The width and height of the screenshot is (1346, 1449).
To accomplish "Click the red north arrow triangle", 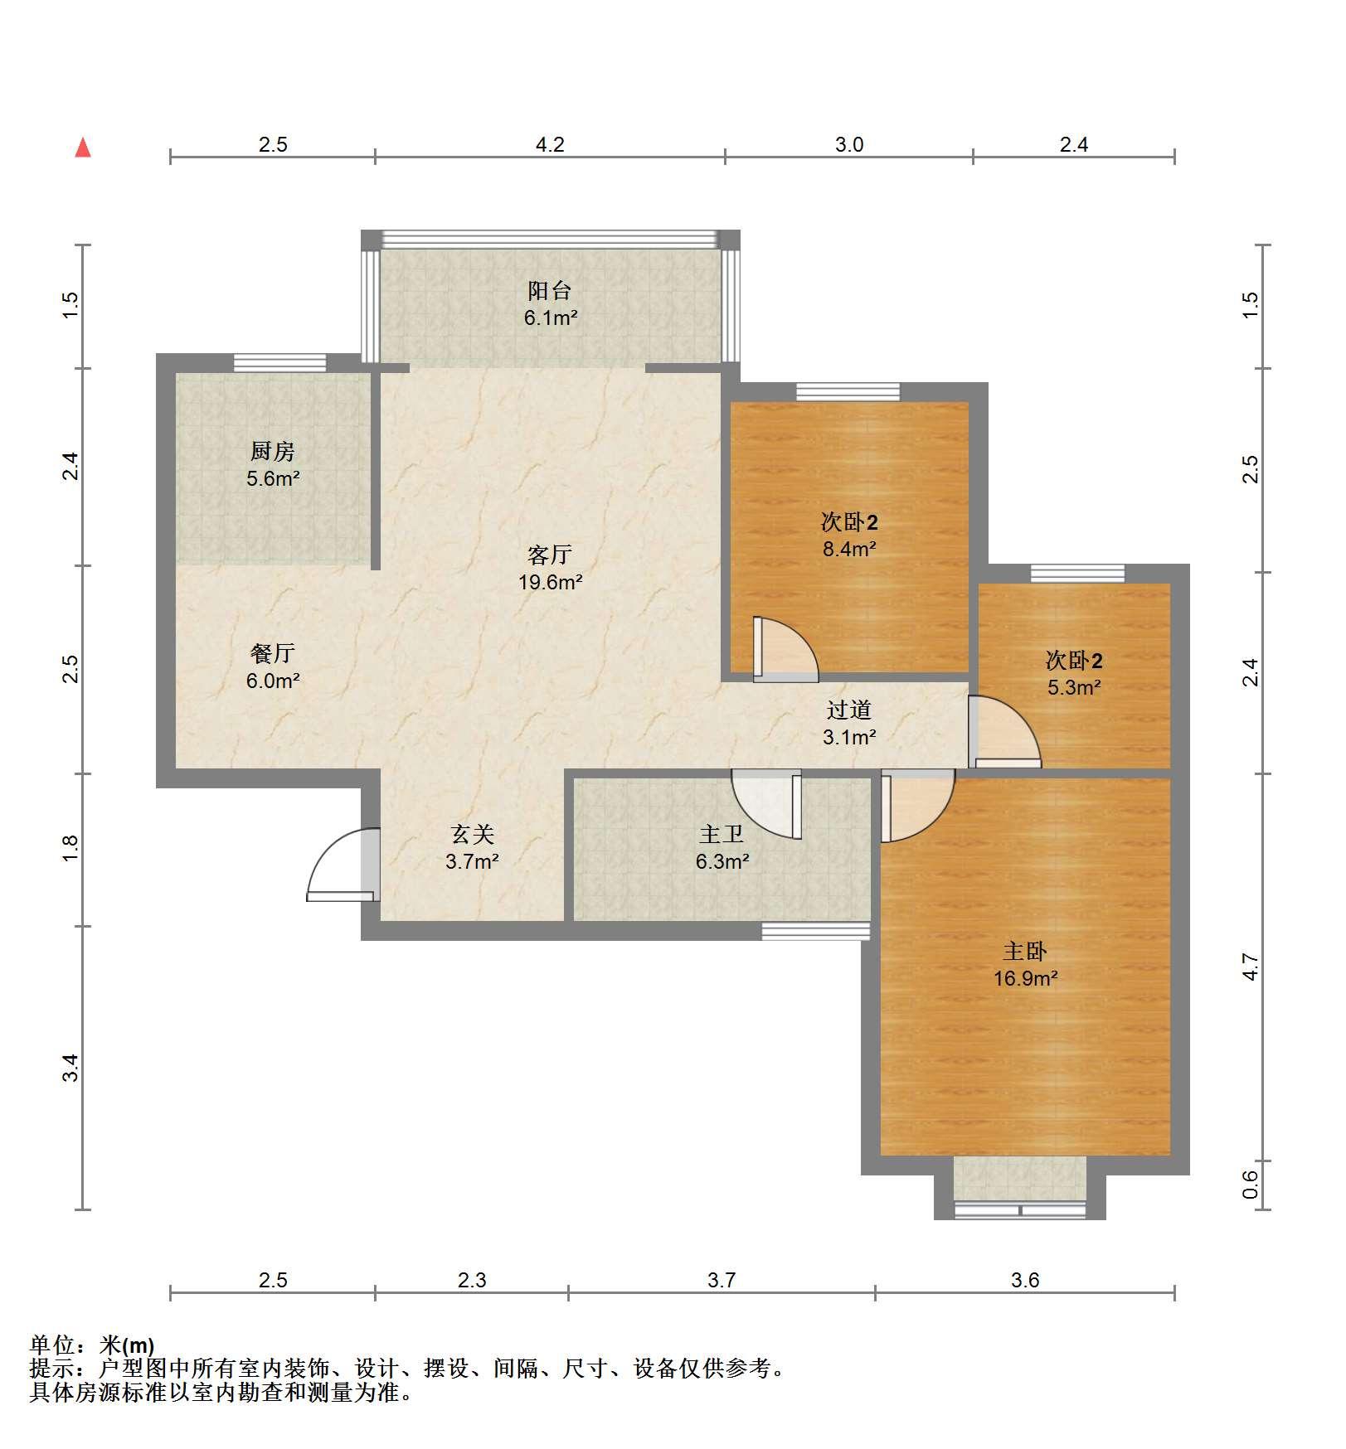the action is pyautogui.click(x=83, y=148).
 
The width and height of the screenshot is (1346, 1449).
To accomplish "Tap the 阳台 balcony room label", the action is pyautogui.click(x=550, y=291).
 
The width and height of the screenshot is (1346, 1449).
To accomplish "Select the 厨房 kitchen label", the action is pyautogui.click(x=272, y=452).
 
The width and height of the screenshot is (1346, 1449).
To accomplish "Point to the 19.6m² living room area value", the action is pyautogui.click(x=550, y=582).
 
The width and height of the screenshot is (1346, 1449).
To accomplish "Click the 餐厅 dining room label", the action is pyautogui.click(x=272, y=653).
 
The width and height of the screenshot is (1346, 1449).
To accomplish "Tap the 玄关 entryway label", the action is pyautogui.click(x=472, y=834).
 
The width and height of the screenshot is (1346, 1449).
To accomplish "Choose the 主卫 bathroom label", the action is pyautogui.click(x=722, y=834).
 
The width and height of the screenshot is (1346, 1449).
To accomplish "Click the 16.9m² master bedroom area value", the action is pyautogui.click(x=1026, y=978).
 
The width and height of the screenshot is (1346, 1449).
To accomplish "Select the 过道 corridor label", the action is pyautogui.click(x=849, y=710).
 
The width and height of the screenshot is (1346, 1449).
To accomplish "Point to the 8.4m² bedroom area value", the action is pyautogui.click(x=849, y=548).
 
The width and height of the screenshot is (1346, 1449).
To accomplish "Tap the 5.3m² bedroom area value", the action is pyautogui.click(x=1074, y=687).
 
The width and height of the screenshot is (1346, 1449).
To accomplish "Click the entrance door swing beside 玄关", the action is pyautogui.click(x=343, y=865).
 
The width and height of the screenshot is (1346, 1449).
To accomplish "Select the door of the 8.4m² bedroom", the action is pyautogui.click(x=785, y=650).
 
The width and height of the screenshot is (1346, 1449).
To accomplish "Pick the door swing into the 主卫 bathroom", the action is pyautogui.click(x=766, y=804).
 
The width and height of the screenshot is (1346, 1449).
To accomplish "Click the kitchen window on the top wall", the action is pyautogui.click(x=279, y=362).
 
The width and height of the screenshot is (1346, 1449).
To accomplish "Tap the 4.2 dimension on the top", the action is pyautogui.click(x=550, y=145).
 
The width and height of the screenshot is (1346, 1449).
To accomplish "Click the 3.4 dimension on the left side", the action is pyautogui.click(x=70, y=1067).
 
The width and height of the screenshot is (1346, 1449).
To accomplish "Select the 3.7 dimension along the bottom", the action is pyautogui.click(x=722, y=1281).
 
